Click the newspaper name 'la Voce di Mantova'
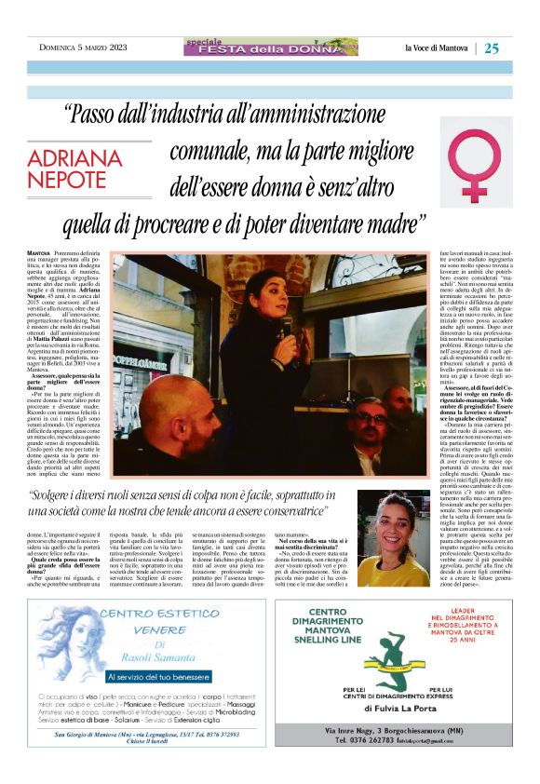(436, 48)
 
